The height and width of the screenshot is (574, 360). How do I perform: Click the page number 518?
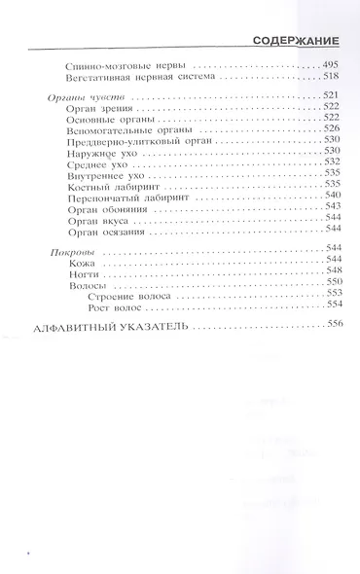pos(328,76)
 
